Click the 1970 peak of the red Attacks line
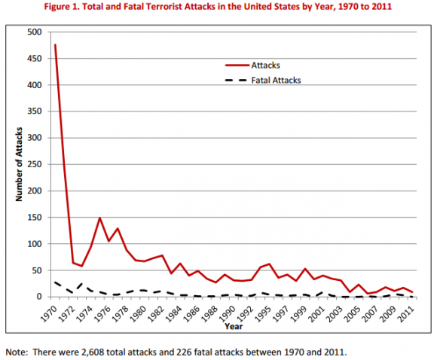[x=55, y=44]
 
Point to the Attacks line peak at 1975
[x=99, y=218]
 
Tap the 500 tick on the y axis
[x=34, y=32]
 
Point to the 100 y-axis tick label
[x=34, y=244]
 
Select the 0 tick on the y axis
[x=39, y=297]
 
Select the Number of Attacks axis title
[x=17, y=164]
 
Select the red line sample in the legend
[x=245, y=66]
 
